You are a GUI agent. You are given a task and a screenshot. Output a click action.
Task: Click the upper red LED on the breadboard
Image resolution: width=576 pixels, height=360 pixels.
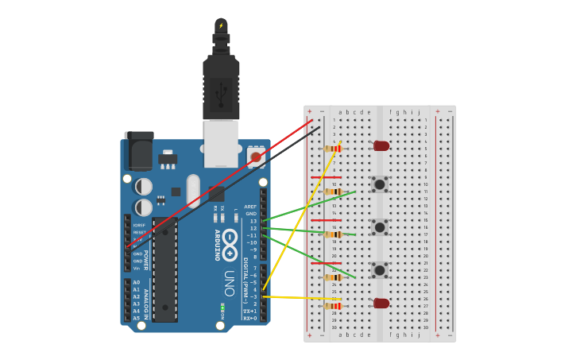[x=381, y=145]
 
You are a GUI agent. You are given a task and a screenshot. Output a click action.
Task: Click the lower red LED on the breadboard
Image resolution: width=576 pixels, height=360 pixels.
[x=381, y=303]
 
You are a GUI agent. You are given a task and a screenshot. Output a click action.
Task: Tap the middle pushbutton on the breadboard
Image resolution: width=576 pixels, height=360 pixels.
[x=381, y=227]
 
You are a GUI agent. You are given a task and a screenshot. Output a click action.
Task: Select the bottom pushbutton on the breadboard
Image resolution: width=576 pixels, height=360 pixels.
[x=381, y=270]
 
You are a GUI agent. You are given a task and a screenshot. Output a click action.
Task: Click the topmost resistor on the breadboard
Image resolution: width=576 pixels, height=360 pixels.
[x=333, y=149]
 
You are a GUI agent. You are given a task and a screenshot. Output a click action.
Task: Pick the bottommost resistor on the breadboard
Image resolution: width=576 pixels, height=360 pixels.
[x=333, y=306]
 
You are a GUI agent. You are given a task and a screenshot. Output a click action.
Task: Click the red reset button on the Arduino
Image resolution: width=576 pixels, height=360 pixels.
[x=256, y=157]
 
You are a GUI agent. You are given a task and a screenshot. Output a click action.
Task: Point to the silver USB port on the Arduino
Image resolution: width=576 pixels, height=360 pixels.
[x=221, y=143]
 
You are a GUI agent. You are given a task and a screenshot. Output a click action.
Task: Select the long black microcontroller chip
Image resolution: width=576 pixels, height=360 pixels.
[x=164, y=270]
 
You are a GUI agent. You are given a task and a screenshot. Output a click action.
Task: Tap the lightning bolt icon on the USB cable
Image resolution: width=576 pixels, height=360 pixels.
[x=221, y=25]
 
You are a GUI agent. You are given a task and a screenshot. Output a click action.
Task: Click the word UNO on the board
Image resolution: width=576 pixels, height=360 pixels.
[x=229, y=283]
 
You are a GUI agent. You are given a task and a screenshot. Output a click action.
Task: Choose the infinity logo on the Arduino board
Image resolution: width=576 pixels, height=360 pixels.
[x=230, y=244]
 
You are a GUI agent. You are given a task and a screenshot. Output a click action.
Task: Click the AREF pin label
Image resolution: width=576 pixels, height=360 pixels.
[x=251, y=207]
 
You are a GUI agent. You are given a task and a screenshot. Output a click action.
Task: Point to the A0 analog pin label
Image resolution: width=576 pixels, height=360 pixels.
[x=137, y=282]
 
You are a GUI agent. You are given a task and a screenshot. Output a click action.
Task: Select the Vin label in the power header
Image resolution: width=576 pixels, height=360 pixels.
[x=137, y=269]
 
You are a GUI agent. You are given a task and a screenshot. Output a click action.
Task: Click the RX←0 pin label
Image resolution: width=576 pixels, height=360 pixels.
[x=249, y=318]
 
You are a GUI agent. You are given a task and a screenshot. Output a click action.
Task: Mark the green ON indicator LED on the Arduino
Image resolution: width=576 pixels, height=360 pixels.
[x=223, y=308]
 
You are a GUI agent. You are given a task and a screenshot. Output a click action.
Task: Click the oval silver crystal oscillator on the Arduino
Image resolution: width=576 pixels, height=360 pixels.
[x=194, y=191]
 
